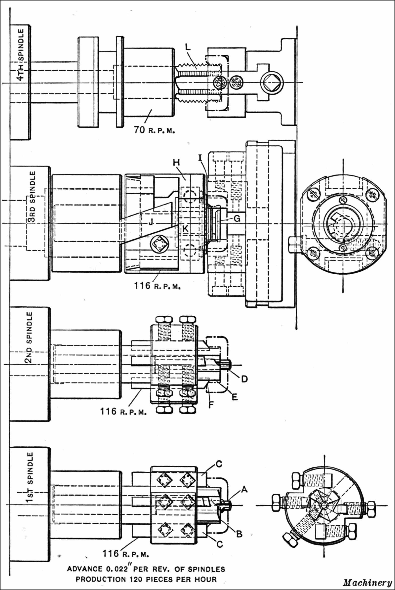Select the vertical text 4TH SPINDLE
point(21,54)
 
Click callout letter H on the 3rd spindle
point(176,163)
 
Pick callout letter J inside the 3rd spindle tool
point(151,222)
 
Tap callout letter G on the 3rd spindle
point(237,218)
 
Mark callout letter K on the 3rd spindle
point(185,229)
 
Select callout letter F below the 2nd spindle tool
point(211,405)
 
